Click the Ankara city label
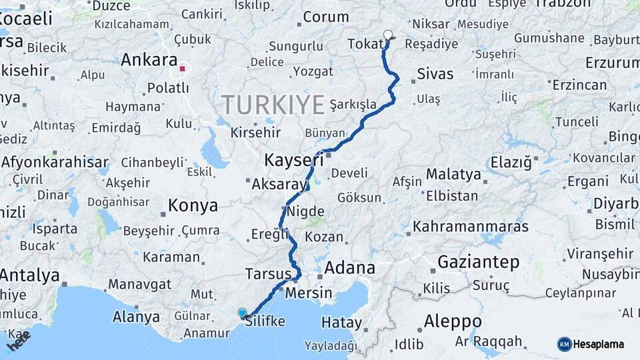[149, 59]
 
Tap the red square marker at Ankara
[182, 68]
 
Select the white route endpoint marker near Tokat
[388, 35]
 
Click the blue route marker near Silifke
[242, 313]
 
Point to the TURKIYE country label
[273, 105]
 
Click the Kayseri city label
[294, 160]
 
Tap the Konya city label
[193, 205]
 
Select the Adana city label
[350, 268]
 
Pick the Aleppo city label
[453, 321]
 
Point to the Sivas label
[435, 73]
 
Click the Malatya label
[453, 174]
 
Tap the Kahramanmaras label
[471, 227]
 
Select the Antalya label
[30, 275]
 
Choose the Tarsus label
[268, 274]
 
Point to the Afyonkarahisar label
[55, 162]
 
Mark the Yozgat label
[313, 71]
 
